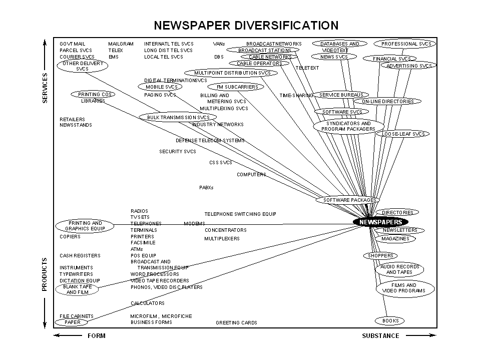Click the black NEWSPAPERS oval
[380, 222]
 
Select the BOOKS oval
[390, 320]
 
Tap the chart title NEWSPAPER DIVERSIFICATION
[246, 25]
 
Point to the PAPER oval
[72, 322]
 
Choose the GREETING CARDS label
[236, 323]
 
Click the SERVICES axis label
[45, 88]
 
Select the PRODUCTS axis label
[45, 274]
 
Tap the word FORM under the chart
[97, 336]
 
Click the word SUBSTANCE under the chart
[380, 336]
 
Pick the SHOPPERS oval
[380, 256]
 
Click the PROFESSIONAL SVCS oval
[405, 44]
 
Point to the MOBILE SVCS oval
[160, 87]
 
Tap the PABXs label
[206, 188]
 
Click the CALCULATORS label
[147, 303]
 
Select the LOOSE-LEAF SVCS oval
[402, 134]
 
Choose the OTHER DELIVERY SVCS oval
[83, 66]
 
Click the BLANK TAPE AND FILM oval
[78, 289]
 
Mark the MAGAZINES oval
[395, 239]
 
